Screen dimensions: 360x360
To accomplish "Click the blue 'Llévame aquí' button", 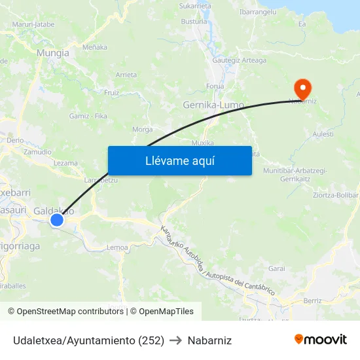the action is tap(179, 160).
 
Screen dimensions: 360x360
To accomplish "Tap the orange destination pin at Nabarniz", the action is tap(302, 88).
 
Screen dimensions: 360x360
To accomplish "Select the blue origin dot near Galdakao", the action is tap(57, 220).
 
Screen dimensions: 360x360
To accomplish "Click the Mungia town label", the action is tap(53, 53).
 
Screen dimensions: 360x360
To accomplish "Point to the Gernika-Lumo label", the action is tap(213, 105).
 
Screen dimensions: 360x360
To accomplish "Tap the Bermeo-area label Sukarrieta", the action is tap(195, 5).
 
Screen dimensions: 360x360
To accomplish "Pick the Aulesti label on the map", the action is tap(323, 134).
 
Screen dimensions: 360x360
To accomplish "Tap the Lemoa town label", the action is tap(117, 247).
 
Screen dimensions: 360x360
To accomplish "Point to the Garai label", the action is tap(277, 268).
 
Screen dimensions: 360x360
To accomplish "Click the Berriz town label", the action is tap(312, 301).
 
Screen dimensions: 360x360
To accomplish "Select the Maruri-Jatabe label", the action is tap(33, 24).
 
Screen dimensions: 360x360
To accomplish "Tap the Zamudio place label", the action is tap(37, 151).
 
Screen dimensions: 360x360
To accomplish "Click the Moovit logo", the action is tap(320, 340).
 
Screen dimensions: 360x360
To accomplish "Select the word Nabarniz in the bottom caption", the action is tap(209, 340).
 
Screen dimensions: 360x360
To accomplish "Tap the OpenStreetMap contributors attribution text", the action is tap(66, 312).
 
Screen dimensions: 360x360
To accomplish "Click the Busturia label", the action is tap(194, 21).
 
